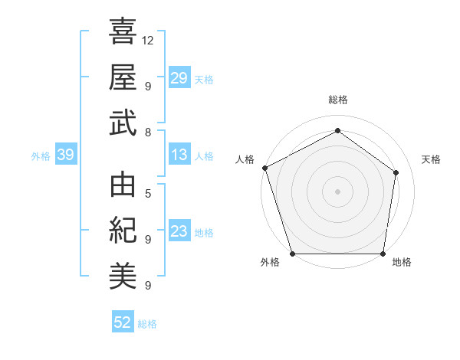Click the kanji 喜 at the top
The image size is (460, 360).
(123, 31)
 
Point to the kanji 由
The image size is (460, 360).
(123, 185)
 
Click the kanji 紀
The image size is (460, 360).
(123, 231)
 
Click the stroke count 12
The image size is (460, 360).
(148, 40)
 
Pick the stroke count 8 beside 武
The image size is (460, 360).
(148, 133)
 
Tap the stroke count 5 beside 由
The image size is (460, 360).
(148, 194)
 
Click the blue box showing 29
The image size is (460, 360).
(179, 77)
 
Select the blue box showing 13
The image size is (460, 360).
(179, 155)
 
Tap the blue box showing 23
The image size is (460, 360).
(179, 231)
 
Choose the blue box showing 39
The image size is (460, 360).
(65, 155)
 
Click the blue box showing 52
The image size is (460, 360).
(123, 322)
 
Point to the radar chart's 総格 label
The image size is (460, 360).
(338, 100)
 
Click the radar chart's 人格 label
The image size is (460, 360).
(245, 159)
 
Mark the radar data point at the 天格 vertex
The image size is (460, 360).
(396, 172)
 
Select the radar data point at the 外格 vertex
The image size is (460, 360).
(293, 254)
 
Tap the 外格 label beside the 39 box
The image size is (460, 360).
(41, 155)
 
